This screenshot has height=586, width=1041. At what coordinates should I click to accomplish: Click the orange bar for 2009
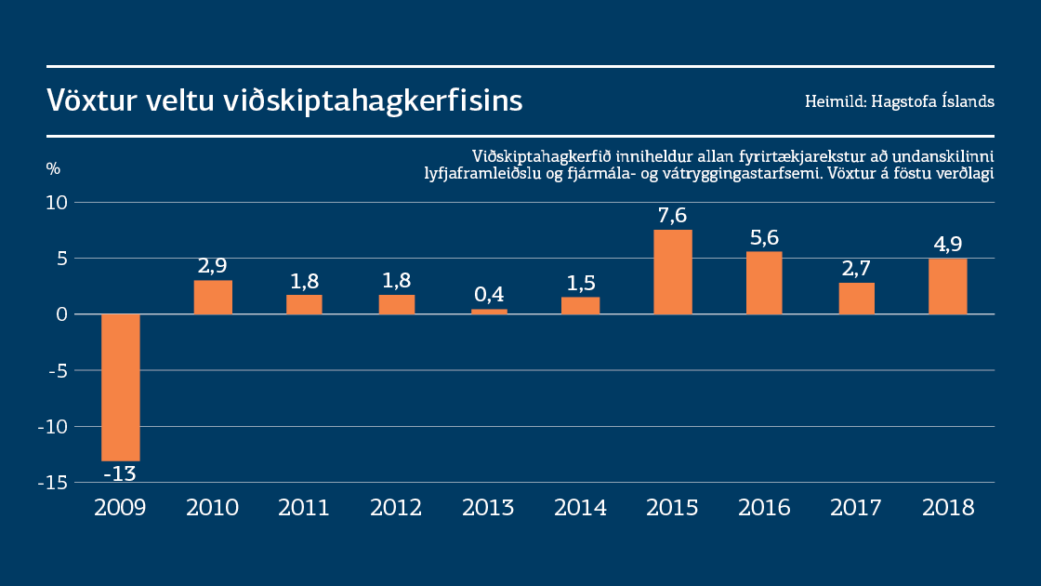[x=121, y=387]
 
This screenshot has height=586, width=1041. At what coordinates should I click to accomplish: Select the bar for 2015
[x=673, y=272]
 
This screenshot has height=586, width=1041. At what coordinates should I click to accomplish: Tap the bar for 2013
[x=489, y=312]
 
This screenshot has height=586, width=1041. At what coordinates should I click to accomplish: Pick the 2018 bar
[x=948, y=286]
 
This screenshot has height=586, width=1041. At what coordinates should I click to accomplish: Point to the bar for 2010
[x=213, y=298]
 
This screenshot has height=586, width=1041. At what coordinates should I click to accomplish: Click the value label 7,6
[x=672, y=216]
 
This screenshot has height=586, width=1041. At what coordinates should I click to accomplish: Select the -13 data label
[x=119, y=473]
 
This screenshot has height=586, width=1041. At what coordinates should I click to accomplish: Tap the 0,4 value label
[x=488, y=295]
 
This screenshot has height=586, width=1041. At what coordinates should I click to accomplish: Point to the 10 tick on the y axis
[x=58, y=203]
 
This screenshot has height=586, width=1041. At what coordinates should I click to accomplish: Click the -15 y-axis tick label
[x=53, y=483]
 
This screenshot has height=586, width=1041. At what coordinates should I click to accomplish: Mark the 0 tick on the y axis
[x=63, y=314]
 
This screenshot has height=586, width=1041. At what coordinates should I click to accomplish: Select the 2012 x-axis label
[x=396, y=508]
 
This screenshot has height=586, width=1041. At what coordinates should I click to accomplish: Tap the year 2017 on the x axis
[x=856, y=508]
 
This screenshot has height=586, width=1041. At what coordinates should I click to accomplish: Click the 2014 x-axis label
[x=580, y=508]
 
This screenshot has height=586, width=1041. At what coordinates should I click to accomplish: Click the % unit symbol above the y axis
[x=53, y=169]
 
